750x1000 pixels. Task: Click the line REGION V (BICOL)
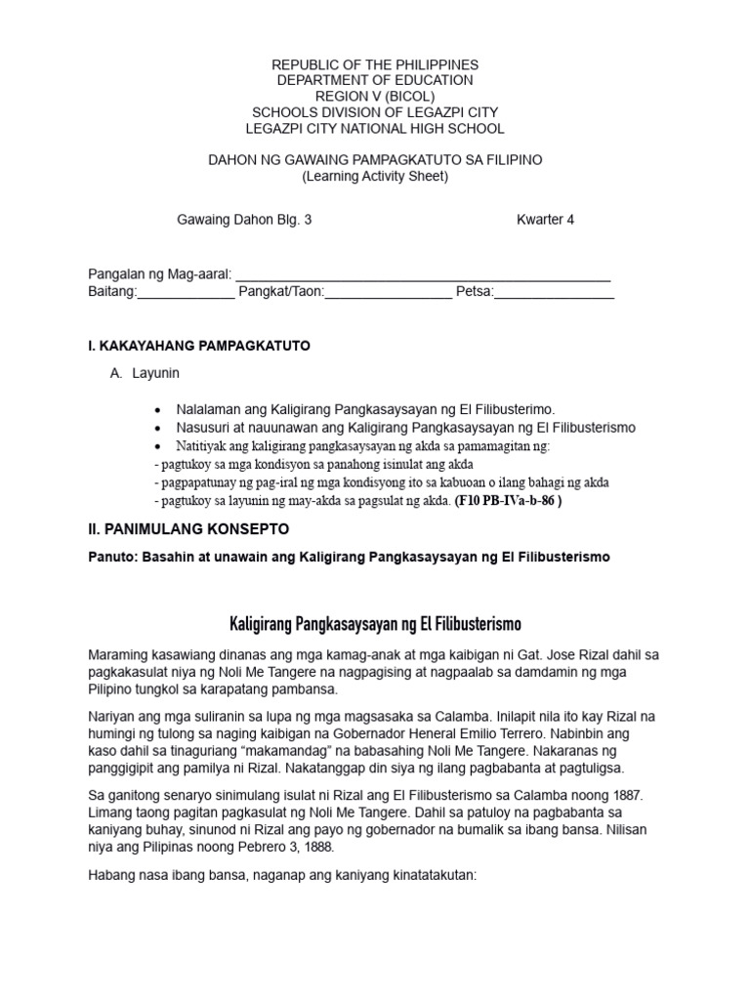[x=374, y=96]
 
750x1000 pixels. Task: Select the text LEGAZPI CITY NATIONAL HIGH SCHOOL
[x=374, y=128]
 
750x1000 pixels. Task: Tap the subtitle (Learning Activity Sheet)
[x=374, y=176]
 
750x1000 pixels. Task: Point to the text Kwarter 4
[x=545, y=220]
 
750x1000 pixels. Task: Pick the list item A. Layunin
[x=145, y=373]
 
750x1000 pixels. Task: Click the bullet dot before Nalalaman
[x=159, y=410]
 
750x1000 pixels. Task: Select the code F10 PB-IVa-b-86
[x=509, y=501]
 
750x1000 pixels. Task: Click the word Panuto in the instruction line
[x=112, y=557]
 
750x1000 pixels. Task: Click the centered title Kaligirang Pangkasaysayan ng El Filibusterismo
[x=375, y=622]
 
